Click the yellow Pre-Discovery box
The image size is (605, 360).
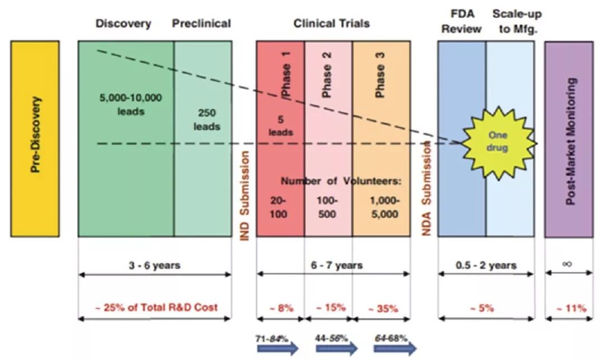(35, 138)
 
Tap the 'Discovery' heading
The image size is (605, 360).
(123, 24)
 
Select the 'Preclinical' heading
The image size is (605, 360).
(202, 24)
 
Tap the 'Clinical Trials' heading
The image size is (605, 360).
(332, 24)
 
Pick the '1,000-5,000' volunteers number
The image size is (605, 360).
(384, 207)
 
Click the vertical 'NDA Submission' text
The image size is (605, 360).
(427, 188)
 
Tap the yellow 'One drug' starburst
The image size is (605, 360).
(498, 141)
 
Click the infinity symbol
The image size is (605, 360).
(567, 263)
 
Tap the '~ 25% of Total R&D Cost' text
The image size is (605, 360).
(156, 307)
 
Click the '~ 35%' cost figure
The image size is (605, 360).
(384, 308)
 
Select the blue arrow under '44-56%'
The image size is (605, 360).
(337, 348)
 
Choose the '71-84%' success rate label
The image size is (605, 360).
(275, 338)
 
